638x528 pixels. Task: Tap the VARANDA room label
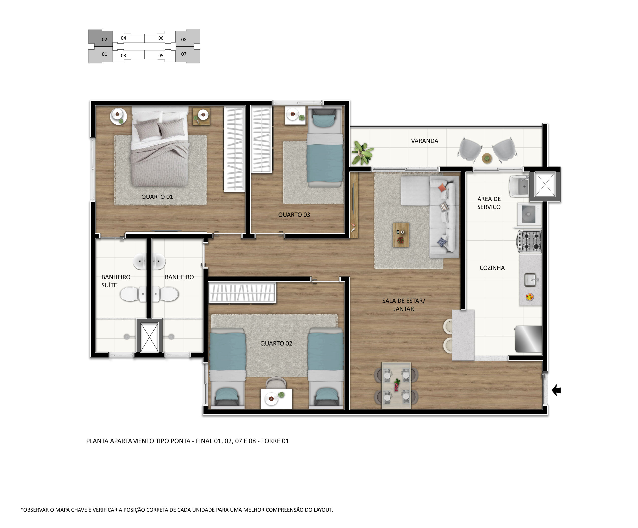[x=424, y=141]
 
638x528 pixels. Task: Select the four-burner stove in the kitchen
[x=530, y=241]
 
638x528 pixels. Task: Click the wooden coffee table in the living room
[x=401, y=235]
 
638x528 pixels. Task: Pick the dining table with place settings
[x=396, y=385]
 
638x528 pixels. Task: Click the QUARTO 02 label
[x=276, y=343]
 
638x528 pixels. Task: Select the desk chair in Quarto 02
[x=276, y=383]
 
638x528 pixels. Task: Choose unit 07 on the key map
[x=188, y=55]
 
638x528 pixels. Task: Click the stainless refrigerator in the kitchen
[x=529, y=339]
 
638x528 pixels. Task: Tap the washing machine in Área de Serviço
[x=529, y=214]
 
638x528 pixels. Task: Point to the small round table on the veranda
[x=487, y=158]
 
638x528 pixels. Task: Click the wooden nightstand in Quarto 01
[x=201, y=116]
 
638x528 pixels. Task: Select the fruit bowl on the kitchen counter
[x=530, y=297]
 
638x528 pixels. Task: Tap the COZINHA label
[x=492, y=268]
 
